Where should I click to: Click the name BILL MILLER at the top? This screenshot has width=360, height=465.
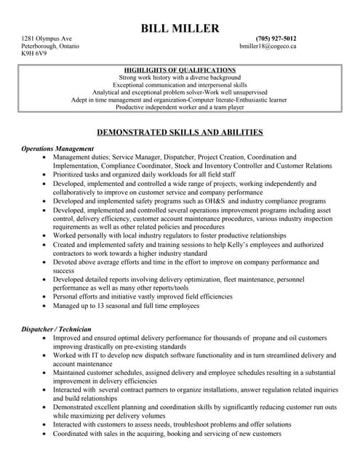click(180, 28)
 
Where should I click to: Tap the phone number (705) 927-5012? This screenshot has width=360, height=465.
click(276, 38)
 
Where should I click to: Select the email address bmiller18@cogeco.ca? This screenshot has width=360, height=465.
click(268, 46)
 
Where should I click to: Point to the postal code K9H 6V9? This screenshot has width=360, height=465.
click(33, 54)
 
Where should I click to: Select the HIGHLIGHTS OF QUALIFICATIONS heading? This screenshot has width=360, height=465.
click(180, 70)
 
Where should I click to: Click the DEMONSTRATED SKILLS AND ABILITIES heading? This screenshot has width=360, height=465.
click(180, 132)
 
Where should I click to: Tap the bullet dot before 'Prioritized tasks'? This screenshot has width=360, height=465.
click(47, 174)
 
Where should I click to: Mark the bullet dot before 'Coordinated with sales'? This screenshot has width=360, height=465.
click(47, 434)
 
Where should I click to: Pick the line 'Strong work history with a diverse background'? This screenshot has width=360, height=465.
click(180, 77)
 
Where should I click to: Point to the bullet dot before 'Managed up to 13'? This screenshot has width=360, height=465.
click(47, 306)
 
